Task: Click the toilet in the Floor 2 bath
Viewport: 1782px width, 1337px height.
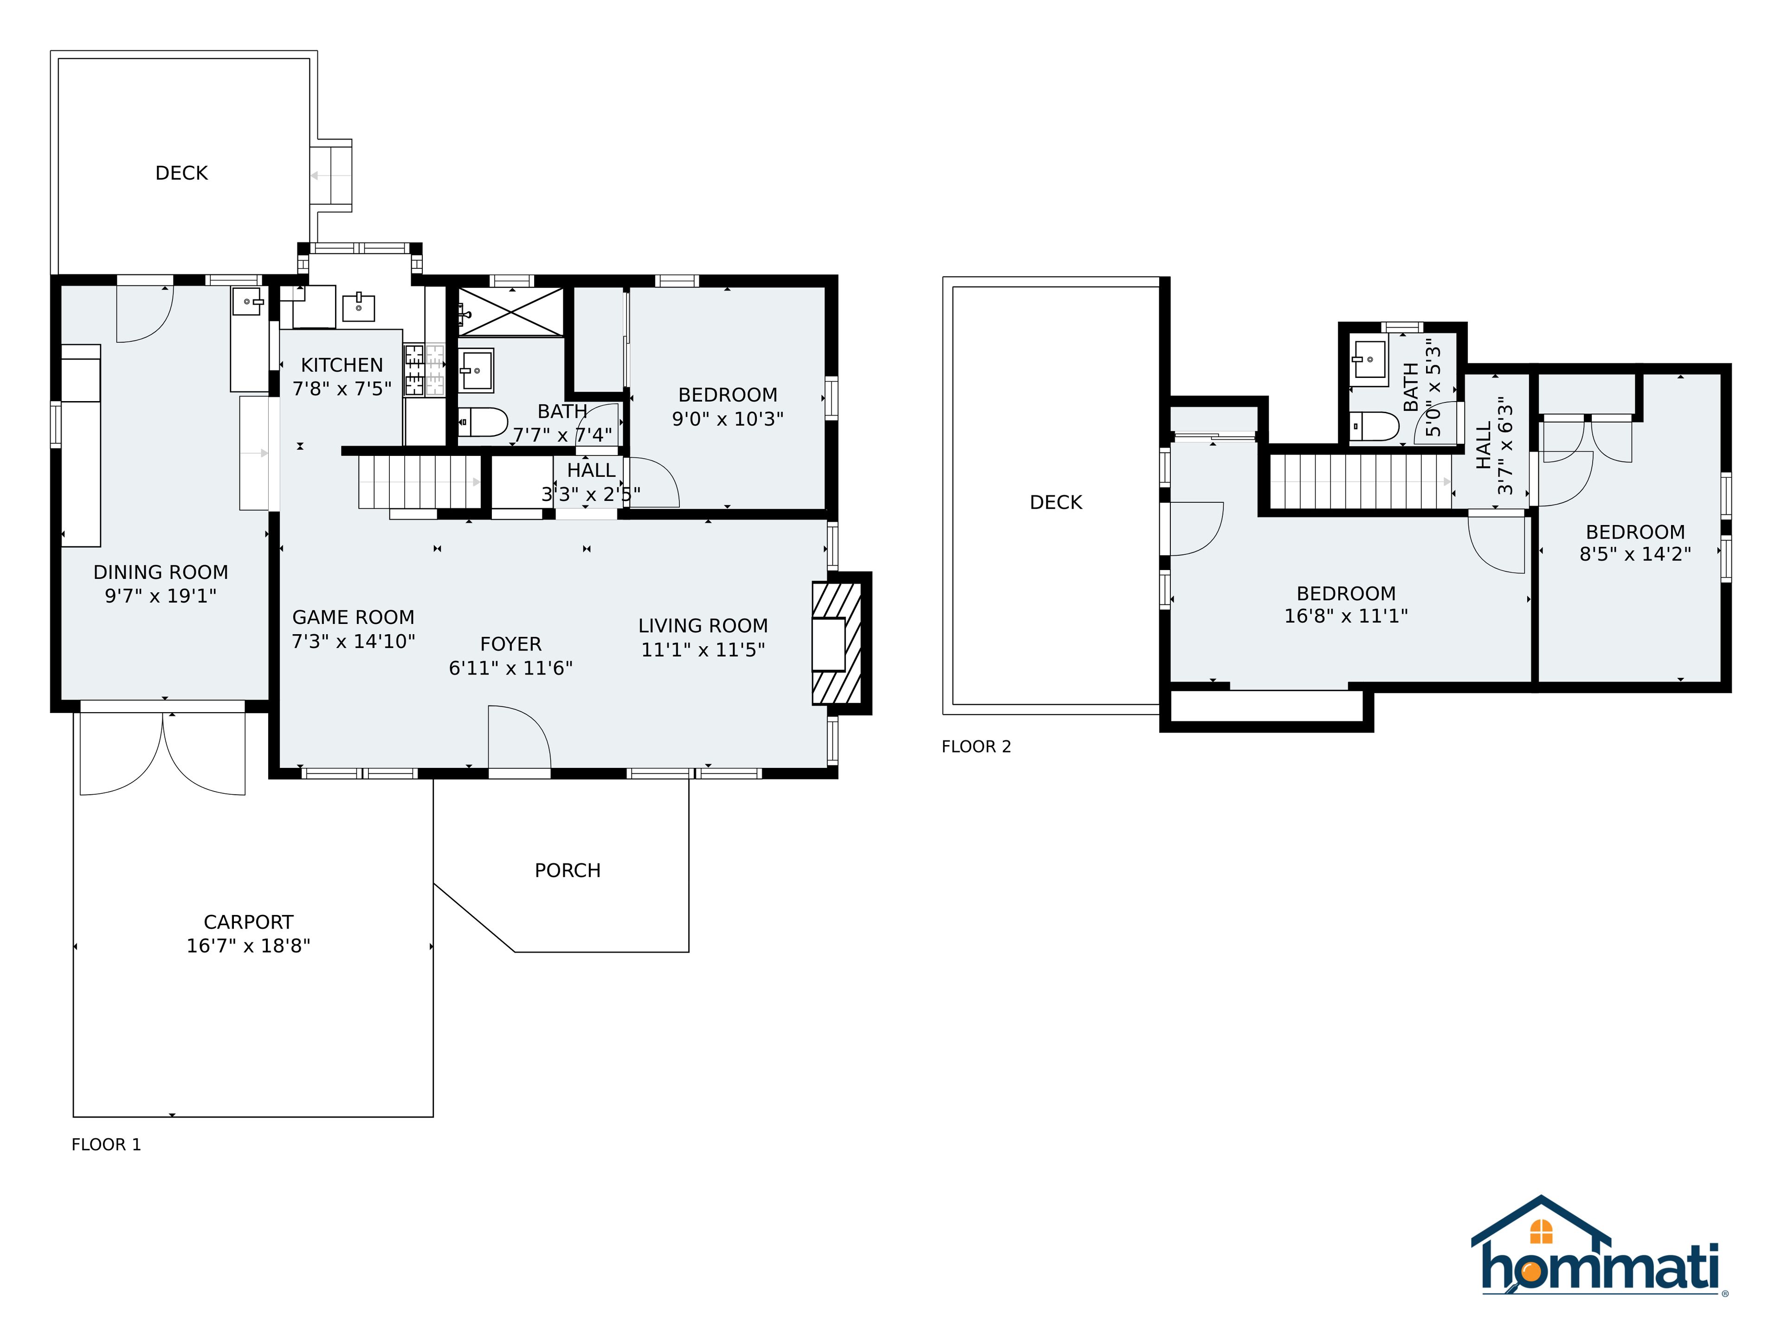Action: (1375, 426)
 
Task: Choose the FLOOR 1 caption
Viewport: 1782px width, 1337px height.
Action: (106, 1144)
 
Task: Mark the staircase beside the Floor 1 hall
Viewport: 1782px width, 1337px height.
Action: (420, 482)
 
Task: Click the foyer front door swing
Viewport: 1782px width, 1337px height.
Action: (520, 737)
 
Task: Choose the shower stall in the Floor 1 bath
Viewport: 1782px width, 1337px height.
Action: (511, 310)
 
